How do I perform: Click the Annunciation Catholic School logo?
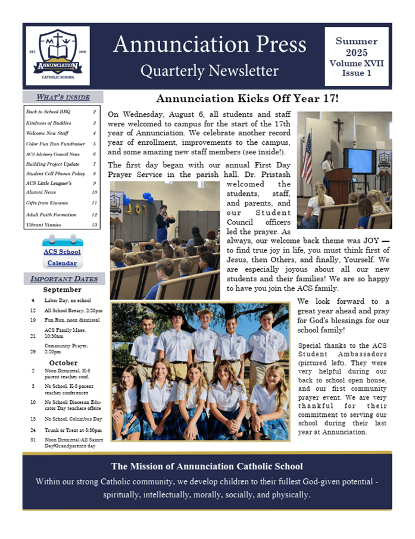[x=57, y=55]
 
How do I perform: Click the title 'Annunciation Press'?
[x=209, y=45]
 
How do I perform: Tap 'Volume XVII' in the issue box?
[x=356, y=63]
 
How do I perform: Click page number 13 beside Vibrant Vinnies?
[x=94, y=225]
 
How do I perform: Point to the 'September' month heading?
[x=63, y=290]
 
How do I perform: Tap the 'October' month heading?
[x=63, y=363]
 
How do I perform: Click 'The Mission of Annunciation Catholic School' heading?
[x=207, y=466]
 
